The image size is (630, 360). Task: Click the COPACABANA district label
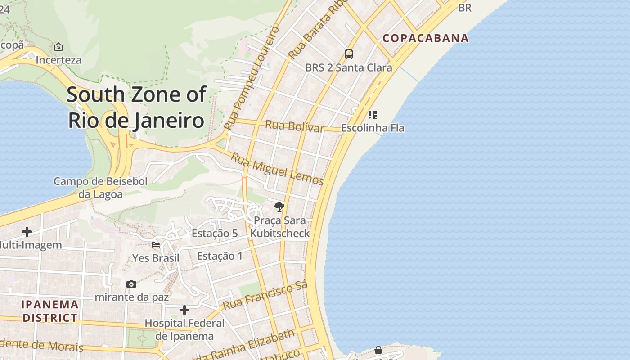click(x=426, y=38)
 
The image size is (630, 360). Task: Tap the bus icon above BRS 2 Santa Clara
click(x=349, y=54)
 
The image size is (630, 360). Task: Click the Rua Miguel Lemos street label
click(x=278, y=169)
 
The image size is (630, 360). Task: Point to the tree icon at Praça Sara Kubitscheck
click(x=279, y=207)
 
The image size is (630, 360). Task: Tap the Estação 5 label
click(x=215, y=233)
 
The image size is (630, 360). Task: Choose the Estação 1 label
click(x=220, y=256)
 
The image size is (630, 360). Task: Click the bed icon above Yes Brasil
click(x=156, y=245)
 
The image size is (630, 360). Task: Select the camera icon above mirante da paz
click(x=131, y=284)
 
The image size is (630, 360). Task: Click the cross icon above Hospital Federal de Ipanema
click(x=184, y=310)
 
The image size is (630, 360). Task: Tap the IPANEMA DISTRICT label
click(x=50, y=311)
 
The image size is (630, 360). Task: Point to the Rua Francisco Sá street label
click(x=265, y=295)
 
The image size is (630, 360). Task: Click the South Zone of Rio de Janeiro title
click(x=136, y=108)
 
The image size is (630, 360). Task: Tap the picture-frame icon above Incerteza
click(x=58, y=47)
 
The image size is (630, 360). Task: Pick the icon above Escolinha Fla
click(x=372, y=115)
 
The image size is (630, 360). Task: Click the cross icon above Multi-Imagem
click(x=27, y=232)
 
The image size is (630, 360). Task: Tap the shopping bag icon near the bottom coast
click(x=378, y=350)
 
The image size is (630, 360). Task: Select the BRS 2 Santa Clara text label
click(x=349, y=68)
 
